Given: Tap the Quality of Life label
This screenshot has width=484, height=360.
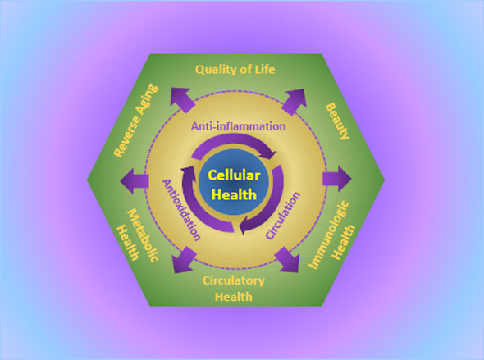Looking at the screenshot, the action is pos(235,70).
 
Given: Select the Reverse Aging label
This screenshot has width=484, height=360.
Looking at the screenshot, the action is pos(136,121).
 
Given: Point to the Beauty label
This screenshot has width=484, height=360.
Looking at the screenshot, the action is pos(338,121).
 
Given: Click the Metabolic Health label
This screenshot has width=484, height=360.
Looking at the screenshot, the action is pos(138,235).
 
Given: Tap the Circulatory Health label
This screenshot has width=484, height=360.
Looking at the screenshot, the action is pos(234,289).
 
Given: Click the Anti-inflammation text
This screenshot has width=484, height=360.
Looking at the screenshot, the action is pos(238,126).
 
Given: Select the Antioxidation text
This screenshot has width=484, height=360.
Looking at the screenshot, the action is pos(181,210).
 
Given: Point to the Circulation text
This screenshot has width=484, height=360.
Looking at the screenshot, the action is pos(283,216).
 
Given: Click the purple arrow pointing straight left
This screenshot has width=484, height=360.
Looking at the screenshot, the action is pos(135,181).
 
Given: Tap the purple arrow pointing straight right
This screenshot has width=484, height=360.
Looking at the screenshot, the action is pos(337,179).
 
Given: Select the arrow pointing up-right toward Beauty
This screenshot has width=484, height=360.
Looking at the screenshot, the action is pos(294,102).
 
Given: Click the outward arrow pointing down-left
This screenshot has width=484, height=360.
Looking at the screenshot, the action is pos(185,260).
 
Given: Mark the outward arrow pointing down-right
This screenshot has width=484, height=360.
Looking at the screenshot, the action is pos(286,259).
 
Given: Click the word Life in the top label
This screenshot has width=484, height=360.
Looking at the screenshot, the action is pos(264,70).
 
